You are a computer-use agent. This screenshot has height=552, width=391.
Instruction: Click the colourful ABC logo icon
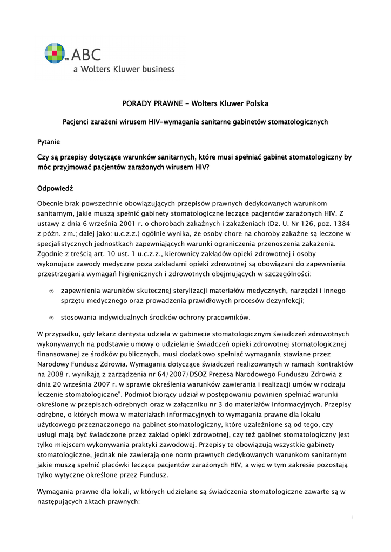[x=56, y=54]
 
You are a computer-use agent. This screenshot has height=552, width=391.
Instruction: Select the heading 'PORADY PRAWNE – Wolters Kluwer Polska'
[x=195, y=103]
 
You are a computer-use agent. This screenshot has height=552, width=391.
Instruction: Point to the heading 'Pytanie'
[x=49, y=142]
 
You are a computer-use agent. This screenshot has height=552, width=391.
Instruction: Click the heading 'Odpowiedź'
[x=55, y=189]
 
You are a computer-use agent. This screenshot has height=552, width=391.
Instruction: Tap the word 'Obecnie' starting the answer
[x=52, y=204]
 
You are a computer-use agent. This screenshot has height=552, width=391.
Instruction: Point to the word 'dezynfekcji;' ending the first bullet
[x=285, y=301]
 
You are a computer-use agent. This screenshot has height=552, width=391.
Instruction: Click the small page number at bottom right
[x=352, y=517]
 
